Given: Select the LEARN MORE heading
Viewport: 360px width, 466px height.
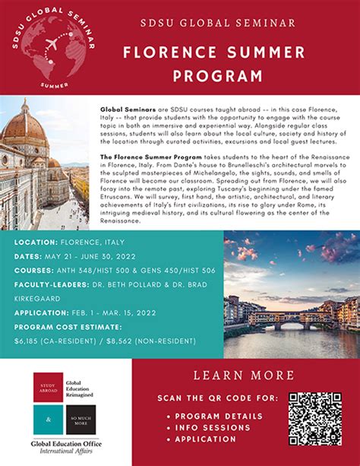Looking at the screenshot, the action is tap(244, 375).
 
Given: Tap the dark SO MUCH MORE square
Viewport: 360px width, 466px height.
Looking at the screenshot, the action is tap(81, 420).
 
